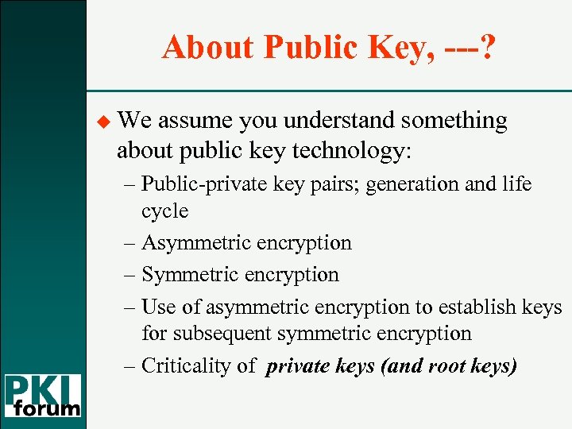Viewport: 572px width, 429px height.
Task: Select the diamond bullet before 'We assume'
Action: pos(100,121)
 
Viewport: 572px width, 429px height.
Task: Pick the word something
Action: pos(454,121)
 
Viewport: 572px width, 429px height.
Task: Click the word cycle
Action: pos(165,211)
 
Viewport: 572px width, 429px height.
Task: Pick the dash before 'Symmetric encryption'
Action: pos(131,275)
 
